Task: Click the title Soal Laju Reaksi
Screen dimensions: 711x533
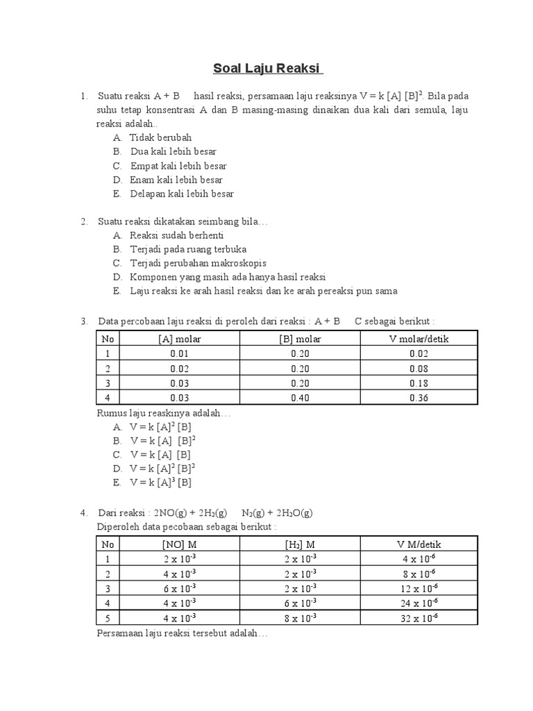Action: [x=267, y=69]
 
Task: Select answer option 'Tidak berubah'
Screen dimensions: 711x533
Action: [x=160, y=137]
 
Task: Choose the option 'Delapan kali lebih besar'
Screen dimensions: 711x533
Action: [x=182, y=194]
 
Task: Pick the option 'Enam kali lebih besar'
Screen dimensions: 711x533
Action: [x=176, y=180]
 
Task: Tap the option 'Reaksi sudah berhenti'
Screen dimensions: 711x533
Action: [x=176, y=235]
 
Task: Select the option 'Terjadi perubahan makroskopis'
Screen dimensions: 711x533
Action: [x=198, y=263]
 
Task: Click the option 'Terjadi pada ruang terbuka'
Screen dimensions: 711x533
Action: [x=188, y=249]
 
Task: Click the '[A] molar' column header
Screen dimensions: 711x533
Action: [x=179, y=338]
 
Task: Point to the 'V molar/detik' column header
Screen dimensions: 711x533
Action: [x=418, y=338]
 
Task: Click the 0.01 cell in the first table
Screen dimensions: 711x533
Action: [x=179, y=353]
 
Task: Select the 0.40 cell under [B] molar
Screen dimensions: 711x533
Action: [x=300, y=398]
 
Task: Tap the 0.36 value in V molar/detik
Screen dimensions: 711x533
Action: [x=418, y=398]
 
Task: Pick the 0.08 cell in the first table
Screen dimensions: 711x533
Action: [x=418, y=369]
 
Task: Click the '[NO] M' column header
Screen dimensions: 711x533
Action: [x=179, y=544]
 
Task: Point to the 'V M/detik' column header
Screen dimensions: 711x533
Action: [x=418, y=544]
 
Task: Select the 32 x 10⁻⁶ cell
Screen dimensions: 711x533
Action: [x=418, y=618]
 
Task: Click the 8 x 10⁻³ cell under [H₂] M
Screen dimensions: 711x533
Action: [x=300, y=618]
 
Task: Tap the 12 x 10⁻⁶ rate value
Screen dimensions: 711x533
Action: [x=418, y=588]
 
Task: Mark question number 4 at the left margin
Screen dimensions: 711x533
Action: [x=83, y=513]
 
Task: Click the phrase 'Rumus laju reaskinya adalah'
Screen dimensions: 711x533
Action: [x=162, y=413]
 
